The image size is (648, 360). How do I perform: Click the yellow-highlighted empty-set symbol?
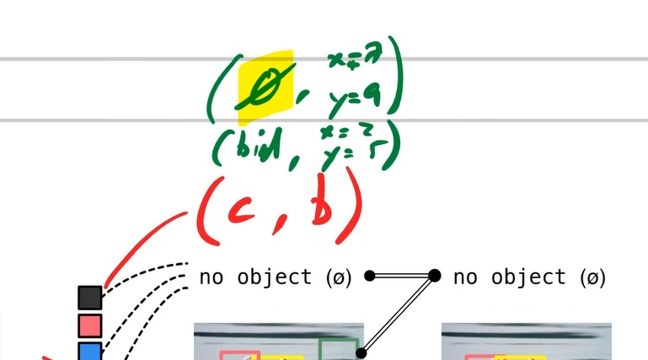click(265, 86)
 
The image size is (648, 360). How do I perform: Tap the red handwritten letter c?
click(245, 217)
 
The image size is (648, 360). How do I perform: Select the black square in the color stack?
click(90, 298)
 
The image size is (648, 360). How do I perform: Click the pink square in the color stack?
click(90, 325)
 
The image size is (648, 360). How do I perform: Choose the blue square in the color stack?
click(90, 351)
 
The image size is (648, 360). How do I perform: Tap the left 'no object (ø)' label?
click(276, 277)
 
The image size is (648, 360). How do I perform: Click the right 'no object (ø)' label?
click(529, 277)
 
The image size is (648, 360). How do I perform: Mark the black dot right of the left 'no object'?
click(369, 276)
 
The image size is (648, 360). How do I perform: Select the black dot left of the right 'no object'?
click(435, 275)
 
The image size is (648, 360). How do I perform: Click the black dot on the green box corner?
click(362, 353)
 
